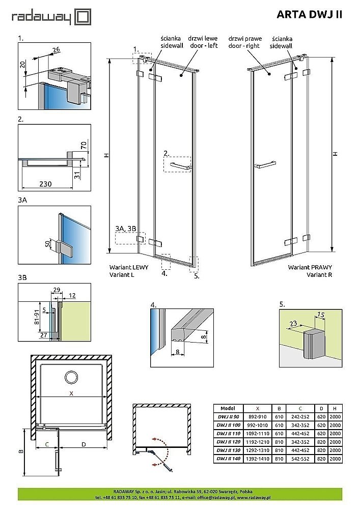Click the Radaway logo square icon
83,17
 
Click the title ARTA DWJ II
309,15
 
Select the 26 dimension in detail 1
56,49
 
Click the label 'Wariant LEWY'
129,267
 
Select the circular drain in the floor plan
71,378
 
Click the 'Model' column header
228,408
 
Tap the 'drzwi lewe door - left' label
203,42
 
